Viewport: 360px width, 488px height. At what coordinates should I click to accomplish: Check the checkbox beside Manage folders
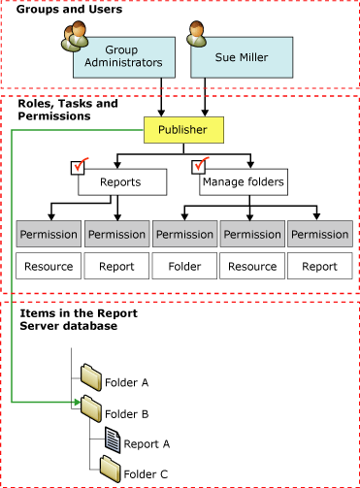pos(202,167)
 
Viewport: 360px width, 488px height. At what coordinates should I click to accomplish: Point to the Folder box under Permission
pos(184,264)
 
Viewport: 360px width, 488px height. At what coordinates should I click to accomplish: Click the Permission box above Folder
pos(184,235)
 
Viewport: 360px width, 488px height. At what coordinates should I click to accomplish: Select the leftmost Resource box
pos(49,264)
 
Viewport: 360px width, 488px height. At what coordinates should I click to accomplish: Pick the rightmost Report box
pos(320,264)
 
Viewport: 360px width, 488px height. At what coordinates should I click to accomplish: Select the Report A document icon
pos(114,441)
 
